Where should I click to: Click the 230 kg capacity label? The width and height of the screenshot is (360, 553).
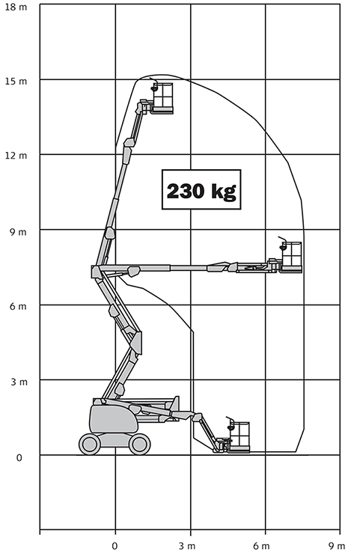coord(201,190)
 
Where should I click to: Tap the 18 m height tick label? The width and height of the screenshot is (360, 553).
coord(16,7)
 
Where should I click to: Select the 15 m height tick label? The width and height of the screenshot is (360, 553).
coord(16,82)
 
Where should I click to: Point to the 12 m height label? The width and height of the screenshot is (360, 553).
coord(16,156)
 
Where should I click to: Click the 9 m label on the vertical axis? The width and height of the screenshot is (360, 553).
coord(18,232)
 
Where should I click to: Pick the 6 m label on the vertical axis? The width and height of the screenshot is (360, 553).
coord(18,306)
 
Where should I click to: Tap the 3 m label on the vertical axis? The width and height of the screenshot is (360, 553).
coord(19,382)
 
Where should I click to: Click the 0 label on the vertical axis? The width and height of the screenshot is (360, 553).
coord(19,458)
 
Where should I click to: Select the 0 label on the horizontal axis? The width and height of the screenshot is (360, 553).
coord(115,546)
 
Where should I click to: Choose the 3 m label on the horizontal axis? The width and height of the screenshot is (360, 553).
coord(187,546)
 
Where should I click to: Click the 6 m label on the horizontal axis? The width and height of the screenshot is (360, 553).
coord(262,546)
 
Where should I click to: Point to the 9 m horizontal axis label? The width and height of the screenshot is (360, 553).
coord(337,546)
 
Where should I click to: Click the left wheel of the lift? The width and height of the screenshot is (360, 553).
coord(90,444)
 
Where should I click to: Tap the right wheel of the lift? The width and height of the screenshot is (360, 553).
coord(140,444)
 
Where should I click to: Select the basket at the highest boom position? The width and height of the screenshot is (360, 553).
coord(163,98)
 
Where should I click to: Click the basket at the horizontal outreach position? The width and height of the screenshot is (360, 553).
coord(291,257)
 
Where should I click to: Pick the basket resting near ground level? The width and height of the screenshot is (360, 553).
coord(239,437)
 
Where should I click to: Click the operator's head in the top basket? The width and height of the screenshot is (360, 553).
coord(154,88)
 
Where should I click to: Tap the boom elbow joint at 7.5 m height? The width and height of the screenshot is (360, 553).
coord(96,272)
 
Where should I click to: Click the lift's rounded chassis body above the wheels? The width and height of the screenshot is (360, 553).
coord(114,418)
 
